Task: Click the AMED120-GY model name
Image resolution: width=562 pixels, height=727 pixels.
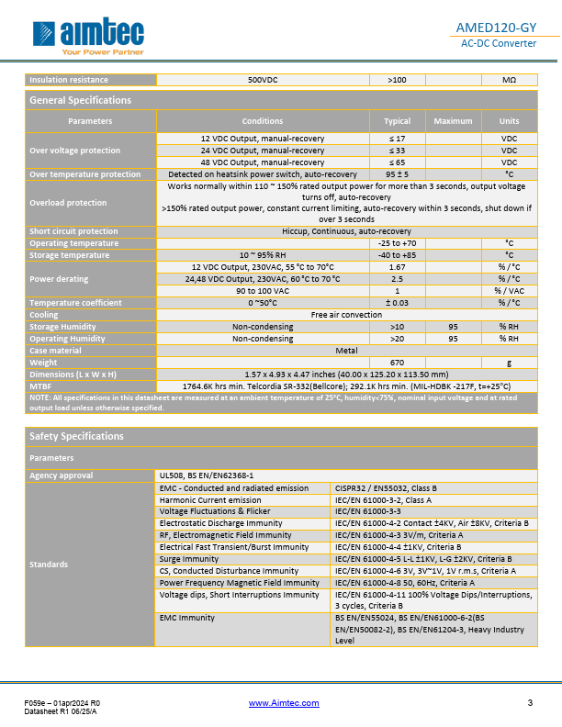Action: coord(508,28)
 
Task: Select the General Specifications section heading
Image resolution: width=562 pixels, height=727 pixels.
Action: coord(81,100)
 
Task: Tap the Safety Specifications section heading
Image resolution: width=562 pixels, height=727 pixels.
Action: coord(76,436)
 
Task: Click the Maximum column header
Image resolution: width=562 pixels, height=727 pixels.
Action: coord(453,121)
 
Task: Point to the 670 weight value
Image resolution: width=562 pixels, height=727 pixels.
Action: coord(397,363)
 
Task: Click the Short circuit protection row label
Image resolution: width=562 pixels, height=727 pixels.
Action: coord(73,231)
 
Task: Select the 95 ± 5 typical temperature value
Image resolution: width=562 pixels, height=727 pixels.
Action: coord(397,174)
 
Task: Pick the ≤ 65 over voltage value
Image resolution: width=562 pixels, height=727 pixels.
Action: coord(397,162)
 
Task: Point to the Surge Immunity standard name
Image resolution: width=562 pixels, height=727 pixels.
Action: coord(189,559)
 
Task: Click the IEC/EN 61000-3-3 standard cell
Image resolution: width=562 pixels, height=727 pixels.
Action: coord(367,511)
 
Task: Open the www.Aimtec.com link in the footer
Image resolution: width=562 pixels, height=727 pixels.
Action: coord(284,703)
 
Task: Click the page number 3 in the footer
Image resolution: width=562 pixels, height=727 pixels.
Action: coord(530,703)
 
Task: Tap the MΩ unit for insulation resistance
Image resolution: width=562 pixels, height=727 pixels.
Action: coord(509,80)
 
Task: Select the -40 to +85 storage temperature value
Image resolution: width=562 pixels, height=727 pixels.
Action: coord(397,255)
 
